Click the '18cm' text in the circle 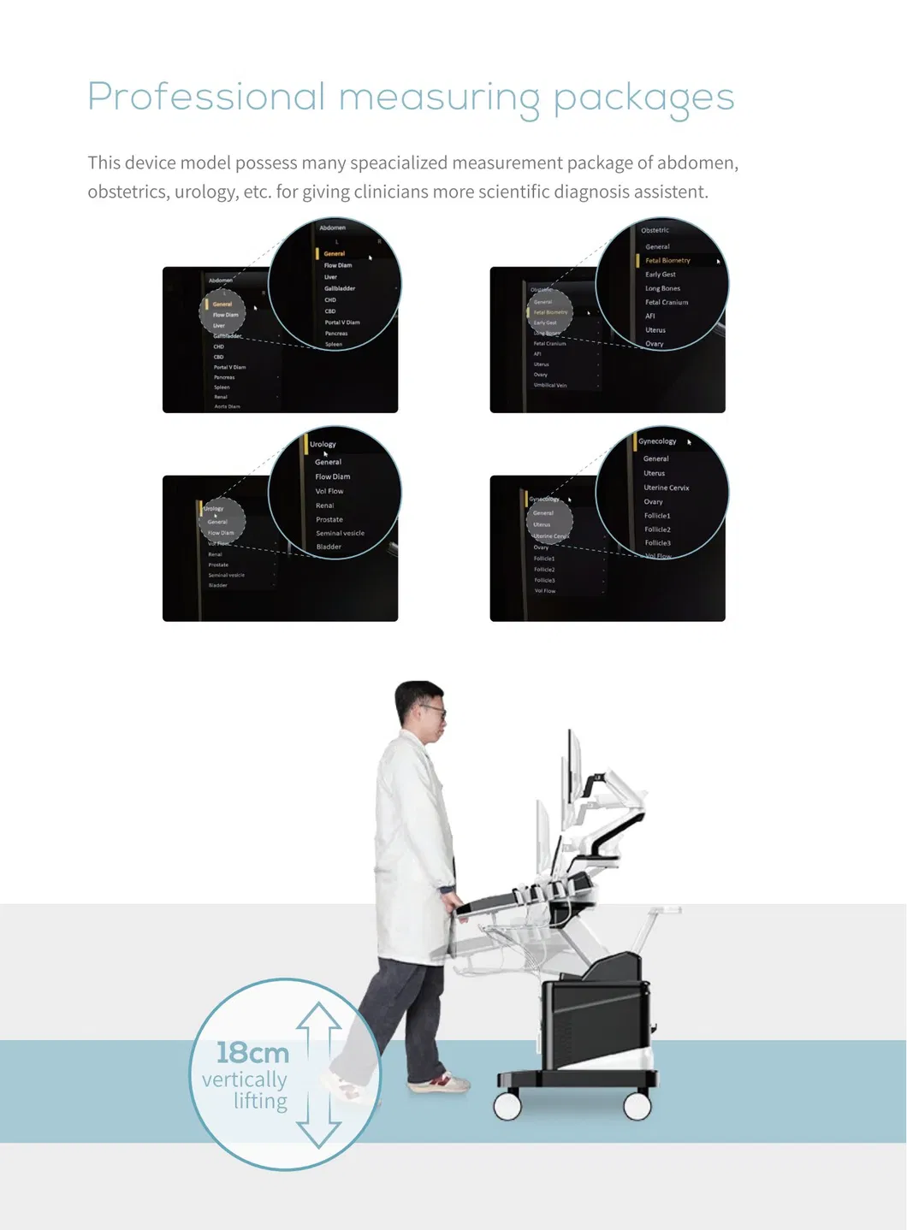point(252,1052)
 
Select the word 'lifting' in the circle point(261,1101)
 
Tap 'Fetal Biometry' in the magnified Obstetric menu point(667,260)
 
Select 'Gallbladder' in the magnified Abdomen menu point(340,288)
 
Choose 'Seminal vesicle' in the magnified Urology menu point(340,533)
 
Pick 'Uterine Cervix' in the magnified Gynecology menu point(666,488)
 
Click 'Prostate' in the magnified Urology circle point(329,519)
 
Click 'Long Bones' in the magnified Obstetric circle point(662,288)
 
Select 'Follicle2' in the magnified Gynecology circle point(657,529)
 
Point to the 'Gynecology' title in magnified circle point(657,441)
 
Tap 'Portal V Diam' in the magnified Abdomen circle point(342,322)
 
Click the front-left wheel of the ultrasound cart point(507,1106)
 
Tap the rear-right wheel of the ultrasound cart point(637,1106)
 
